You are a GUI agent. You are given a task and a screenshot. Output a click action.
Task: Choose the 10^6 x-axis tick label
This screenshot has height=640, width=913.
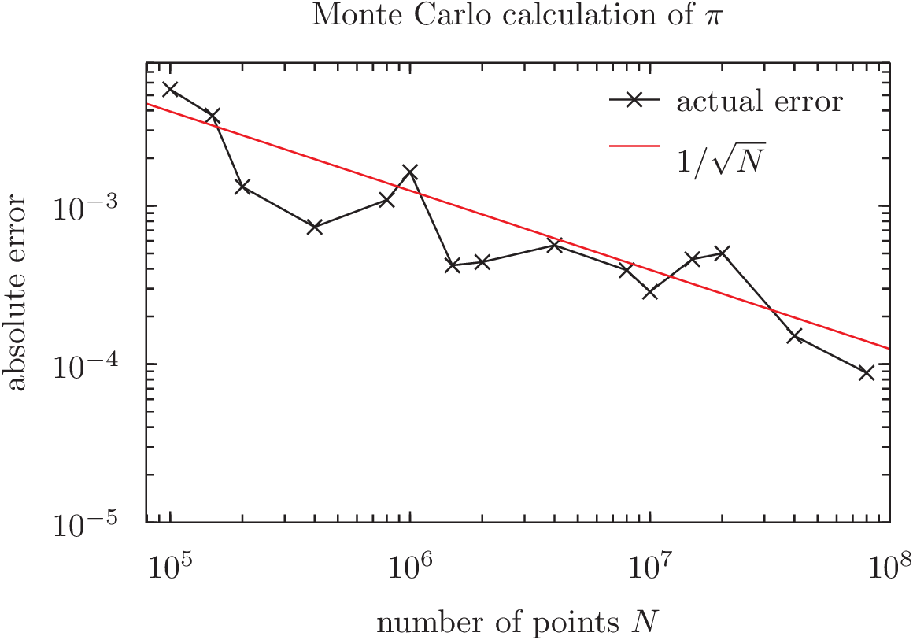[410, 564]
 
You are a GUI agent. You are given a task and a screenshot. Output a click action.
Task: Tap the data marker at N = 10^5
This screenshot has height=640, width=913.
[170, 89]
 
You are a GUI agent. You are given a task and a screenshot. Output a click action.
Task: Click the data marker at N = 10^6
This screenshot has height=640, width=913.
[410, 171]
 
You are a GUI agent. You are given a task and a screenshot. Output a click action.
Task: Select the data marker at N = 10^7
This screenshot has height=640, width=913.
[650, 292]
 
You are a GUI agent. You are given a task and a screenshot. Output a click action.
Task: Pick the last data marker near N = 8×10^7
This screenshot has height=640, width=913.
[867, 373]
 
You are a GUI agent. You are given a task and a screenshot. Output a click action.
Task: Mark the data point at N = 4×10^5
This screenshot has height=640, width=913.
[315, 227]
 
